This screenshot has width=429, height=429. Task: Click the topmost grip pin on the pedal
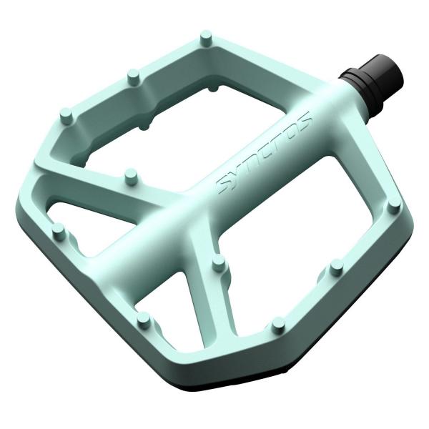pyautogui.click(x=206, y=36)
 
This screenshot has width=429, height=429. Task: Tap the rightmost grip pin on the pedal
pyautogui.click(x=393, y=208)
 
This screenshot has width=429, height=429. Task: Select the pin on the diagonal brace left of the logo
pyautogui.click(x=129, y=174)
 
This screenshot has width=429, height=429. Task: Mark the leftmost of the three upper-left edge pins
pyautogui.click(x=65, y=114)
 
